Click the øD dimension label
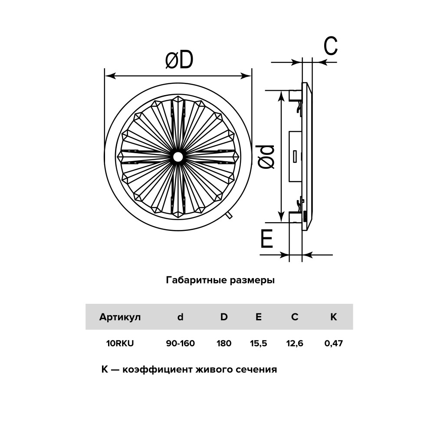point(179,60)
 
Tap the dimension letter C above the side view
point(331,46)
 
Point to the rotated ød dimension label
point(266,157)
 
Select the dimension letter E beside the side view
point(267,238)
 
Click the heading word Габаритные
point(196,280)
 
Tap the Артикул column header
point(120,317)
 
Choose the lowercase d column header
point(181,317)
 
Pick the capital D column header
point(224,317)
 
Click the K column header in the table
point(333,317)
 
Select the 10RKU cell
point(120,343)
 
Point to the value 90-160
point(181,343)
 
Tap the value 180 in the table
point(224,343)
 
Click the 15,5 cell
point(259,343)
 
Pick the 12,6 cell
point(295,343)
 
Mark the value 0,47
point(333,343)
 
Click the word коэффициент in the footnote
point(158,369)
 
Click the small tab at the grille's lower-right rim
point(229,216)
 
